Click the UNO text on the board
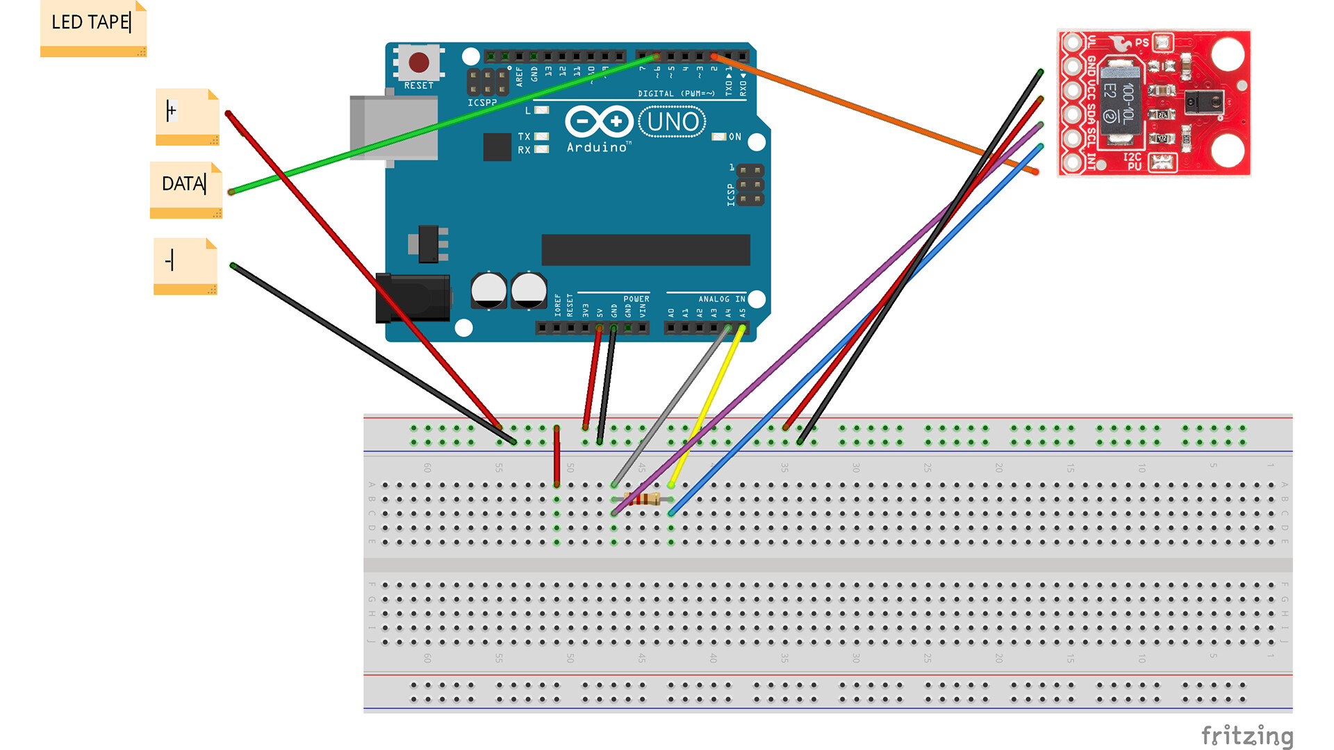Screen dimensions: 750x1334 click(673, 122)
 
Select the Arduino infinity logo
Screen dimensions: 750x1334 click(598, 122)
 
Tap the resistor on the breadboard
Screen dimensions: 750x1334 click(643, 499)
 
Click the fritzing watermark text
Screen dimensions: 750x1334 click(1246, 735)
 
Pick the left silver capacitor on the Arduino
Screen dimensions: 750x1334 click(488, 290)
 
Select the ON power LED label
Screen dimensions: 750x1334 click(734, 137)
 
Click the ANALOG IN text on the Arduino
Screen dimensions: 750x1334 click(721, 299)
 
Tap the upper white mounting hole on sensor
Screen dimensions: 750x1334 click(1227, 54)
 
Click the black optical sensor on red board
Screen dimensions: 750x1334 click(1204, 103)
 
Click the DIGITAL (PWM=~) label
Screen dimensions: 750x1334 click(676, 94)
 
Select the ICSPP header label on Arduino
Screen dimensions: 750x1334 click(481, 103)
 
